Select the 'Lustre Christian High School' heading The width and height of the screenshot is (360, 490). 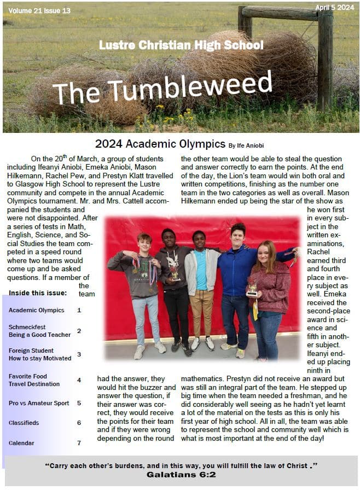[x=181, y=45]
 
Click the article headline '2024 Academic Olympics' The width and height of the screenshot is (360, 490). [x=160, y=144]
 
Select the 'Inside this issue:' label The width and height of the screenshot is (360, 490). [x=38, y=293]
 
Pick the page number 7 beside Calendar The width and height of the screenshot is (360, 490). [x=79, y=443]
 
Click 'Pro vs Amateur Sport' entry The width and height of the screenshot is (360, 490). [x=39, y=403]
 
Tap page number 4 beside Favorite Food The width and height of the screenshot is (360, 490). [x=79, y=380]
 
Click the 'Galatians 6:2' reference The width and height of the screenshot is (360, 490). [x=181, y=475]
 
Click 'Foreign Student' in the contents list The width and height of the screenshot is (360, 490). [x=31, y=351]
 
